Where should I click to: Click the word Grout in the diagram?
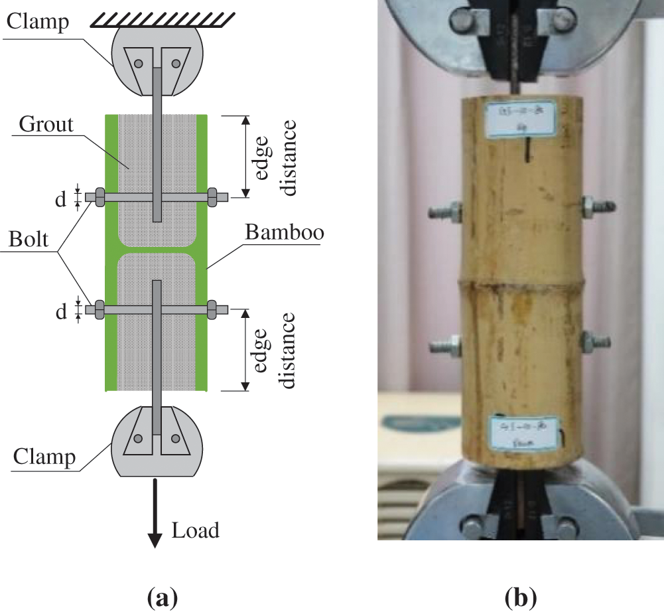[x=46, y=124]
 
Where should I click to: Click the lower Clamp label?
[x=44, y=457]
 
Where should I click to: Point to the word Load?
[x=195, y=530]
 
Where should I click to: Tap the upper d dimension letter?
[x=61, y=198]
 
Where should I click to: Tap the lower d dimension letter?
[x=61, y=311]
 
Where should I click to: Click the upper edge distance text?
[x=273, y=157]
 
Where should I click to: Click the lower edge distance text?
[x=273, y=350]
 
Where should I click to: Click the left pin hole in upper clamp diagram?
[x=138, y=64]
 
